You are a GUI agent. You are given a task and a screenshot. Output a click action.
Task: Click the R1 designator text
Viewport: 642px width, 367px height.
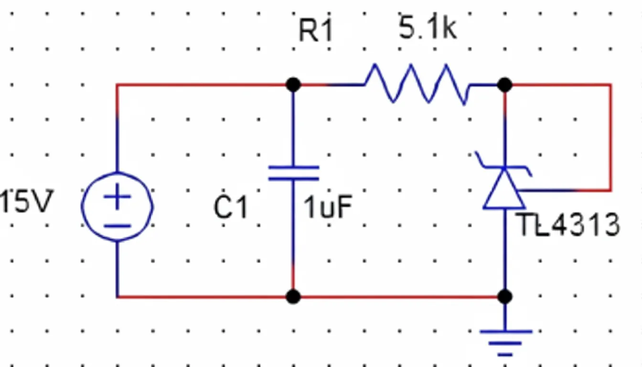point(315,32)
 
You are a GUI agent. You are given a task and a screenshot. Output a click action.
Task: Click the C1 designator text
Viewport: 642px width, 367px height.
point(231,208)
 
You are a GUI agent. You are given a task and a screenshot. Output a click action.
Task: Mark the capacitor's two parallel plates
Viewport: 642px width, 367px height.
point(293,173)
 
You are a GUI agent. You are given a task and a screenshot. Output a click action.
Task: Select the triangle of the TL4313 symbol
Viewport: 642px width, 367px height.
point(504,191)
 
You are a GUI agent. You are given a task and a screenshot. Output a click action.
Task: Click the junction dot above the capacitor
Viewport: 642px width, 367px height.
point(293,85)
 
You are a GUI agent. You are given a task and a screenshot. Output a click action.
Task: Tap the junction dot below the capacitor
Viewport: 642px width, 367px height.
point(293,297)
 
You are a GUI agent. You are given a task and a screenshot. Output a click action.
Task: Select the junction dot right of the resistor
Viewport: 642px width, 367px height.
point(504,85)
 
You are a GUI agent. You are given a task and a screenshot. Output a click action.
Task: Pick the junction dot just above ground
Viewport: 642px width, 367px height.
point(504,297)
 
